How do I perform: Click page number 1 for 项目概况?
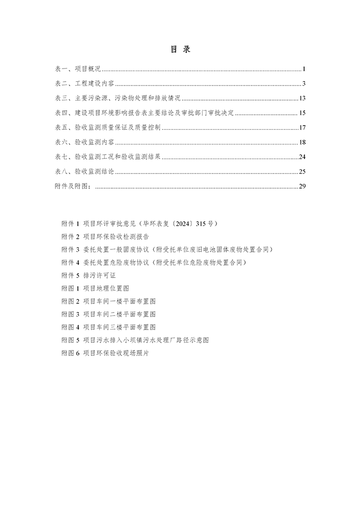pyautogui.click(x=303, y=69)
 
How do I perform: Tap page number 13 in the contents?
pyautogui.click(x=302, y=98)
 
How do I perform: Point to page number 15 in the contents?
pyautogui.click(x=302, y=113)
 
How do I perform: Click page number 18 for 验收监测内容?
pyautogui.click(x=302, y=142)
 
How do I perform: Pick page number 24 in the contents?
pyautogui.click(x=302, y=157)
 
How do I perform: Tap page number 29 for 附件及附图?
pyautogui.click(x=302, y=186)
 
